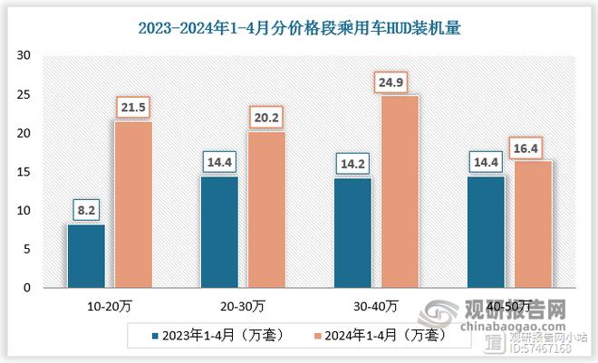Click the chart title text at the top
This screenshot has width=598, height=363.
299,28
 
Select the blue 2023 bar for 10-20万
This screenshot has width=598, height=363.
86,256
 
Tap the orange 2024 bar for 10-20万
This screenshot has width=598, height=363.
132,205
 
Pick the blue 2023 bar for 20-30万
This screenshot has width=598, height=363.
219,232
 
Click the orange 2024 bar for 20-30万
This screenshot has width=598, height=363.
265,210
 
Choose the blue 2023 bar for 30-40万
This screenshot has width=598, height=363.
352,233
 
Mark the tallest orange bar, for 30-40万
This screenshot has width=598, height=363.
399,192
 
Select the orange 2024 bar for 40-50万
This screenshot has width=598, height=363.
532,224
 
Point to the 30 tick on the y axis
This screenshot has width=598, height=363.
24,56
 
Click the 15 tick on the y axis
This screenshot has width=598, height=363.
24,172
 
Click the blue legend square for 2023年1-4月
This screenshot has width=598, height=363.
155,335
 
